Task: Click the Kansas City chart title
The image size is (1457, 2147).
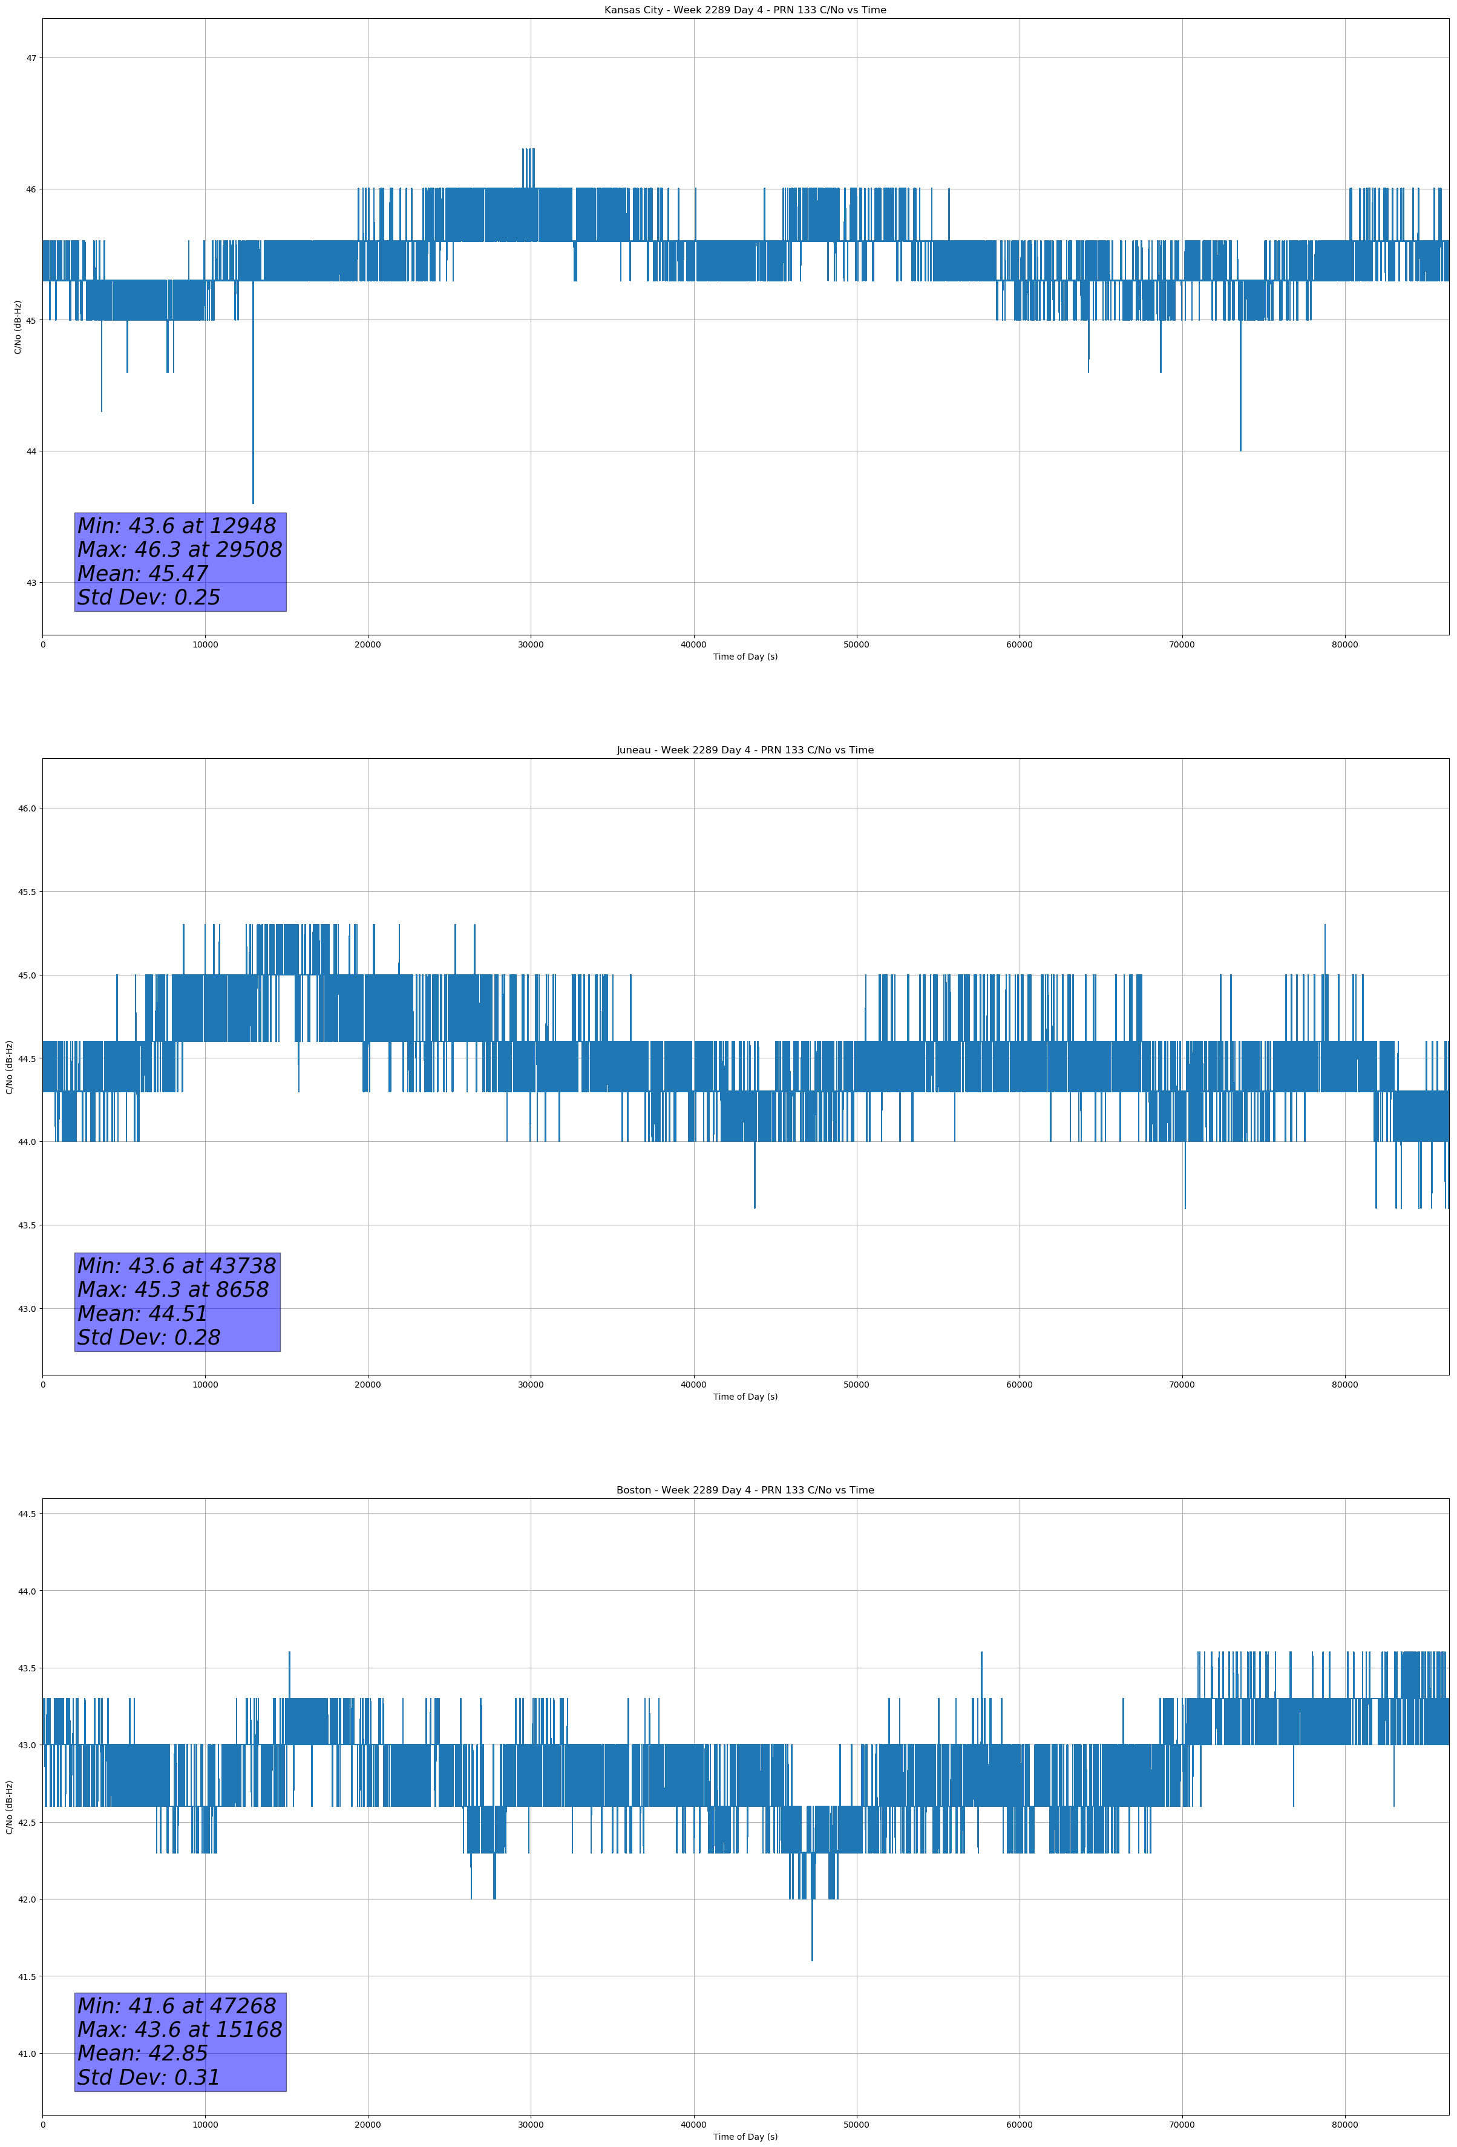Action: point(745,10)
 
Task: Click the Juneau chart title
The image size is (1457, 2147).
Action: point(745,750)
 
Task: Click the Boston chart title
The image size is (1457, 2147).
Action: point(745,1490)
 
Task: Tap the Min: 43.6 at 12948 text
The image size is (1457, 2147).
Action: point(177,526)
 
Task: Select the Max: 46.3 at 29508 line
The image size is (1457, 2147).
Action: point(179,549)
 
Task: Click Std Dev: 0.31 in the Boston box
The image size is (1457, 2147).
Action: point(149,2077)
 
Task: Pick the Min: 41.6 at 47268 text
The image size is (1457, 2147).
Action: point(177,2005)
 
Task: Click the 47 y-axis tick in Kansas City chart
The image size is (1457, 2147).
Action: point(31,58)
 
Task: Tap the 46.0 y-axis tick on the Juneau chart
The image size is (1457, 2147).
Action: point(27,808)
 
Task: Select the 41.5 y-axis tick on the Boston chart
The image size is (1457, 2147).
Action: point(27,1977)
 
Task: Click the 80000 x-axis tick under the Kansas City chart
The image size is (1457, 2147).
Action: point(1344,645)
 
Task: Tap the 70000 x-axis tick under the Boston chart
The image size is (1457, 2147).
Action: point(1182,2125)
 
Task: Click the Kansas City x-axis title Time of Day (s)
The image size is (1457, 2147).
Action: point(745,657)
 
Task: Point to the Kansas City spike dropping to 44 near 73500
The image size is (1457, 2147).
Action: point(1240,449)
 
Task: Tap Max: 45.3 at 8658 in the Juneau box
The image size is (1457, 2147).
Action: point(173,1290)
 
